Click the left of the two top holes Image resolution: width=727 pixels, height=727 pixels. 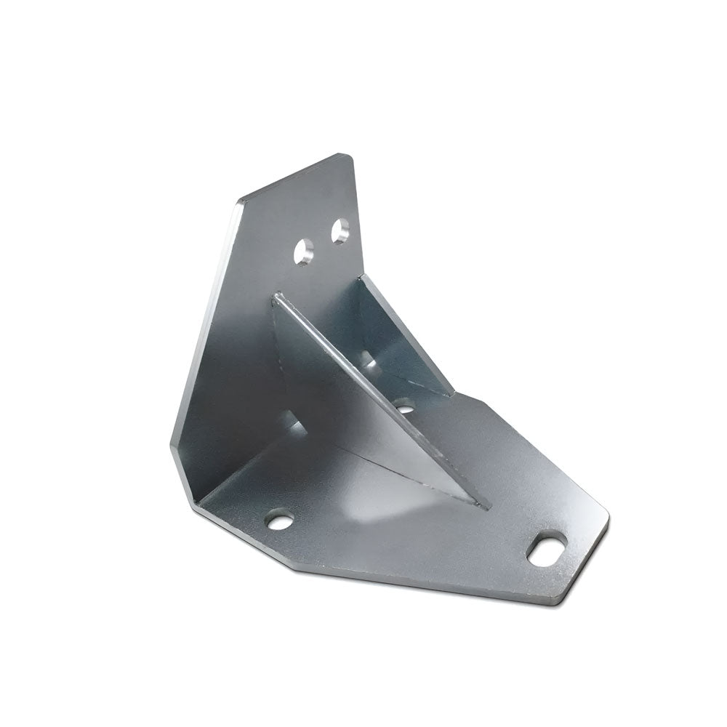[305, 252]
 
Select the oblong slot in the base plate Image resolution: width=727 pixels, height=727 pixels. [547, 549]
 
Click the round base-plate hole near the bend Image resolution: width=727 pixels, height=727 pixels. [279, 521]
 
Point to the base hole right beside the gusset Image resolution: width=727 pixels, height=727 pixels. [405, 405]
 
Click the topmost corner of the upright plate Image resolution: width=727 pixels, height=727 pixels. [348, 156]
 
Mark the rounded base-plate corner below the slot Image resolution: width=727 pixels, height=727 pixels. [560, 600]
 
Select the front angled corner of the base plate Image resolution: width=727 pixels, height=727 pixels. [294, 569]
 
